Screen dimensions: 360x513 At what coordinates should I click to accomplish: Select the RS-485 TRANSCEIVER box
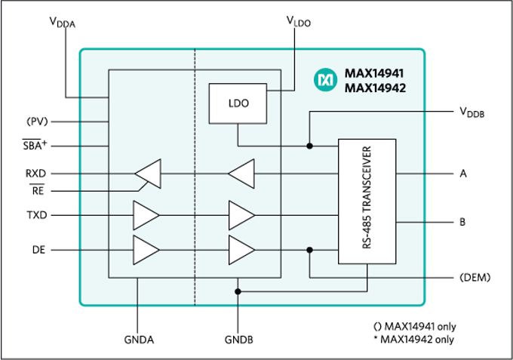tap(367, 201)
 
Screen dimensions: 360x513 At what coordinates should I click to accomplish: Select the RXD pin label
tap(36, 173)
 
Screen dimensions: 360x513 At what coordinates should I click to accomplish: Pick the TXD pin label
tap(36, 215)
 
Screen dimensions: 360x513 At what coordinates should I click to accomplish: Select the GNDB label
tap(238, 340)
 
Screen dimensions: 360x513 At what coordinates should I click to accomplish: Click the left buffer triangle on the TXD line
tap(146, 215)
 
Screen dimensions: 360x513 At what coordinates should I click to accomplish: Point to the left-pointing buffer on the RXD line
tap(149, 174)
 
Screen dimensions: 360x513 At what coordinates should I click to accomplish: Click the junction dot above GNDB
tap(238, 291)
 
